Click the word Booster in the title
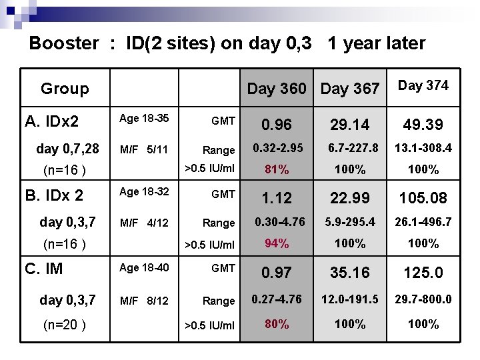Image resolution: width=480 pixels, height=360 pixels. coord(64,43)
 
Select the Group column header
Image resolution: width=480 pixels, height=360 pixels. coord(65,89)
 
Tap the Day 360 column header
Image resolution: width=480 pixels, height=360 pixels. coord(277,88)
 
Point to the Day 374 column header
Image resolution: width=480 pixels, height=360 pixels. coord(423,85)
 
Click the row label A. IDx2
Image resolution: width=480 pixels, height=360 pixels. coord(52,121)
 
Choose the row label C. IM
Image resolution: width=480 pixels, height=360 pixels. coord(44,269)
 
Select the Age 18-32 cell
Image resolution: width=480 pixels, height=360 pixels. coord(143,192)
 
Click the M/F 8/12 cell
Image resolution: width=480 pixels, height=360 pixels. coord(143,301)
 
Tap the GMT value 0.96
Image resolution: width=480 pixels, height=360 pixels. coord(276,125)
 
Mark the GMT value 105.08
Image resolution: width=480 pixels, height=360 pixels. coord(423,198)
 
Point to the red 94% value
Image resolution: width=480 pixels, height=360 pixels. coord(276,243)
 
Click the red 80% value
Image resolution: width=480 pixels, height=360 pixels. coord(276,324)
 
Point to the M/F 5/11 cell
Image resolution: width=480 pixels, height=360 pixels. coord(143,149)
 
